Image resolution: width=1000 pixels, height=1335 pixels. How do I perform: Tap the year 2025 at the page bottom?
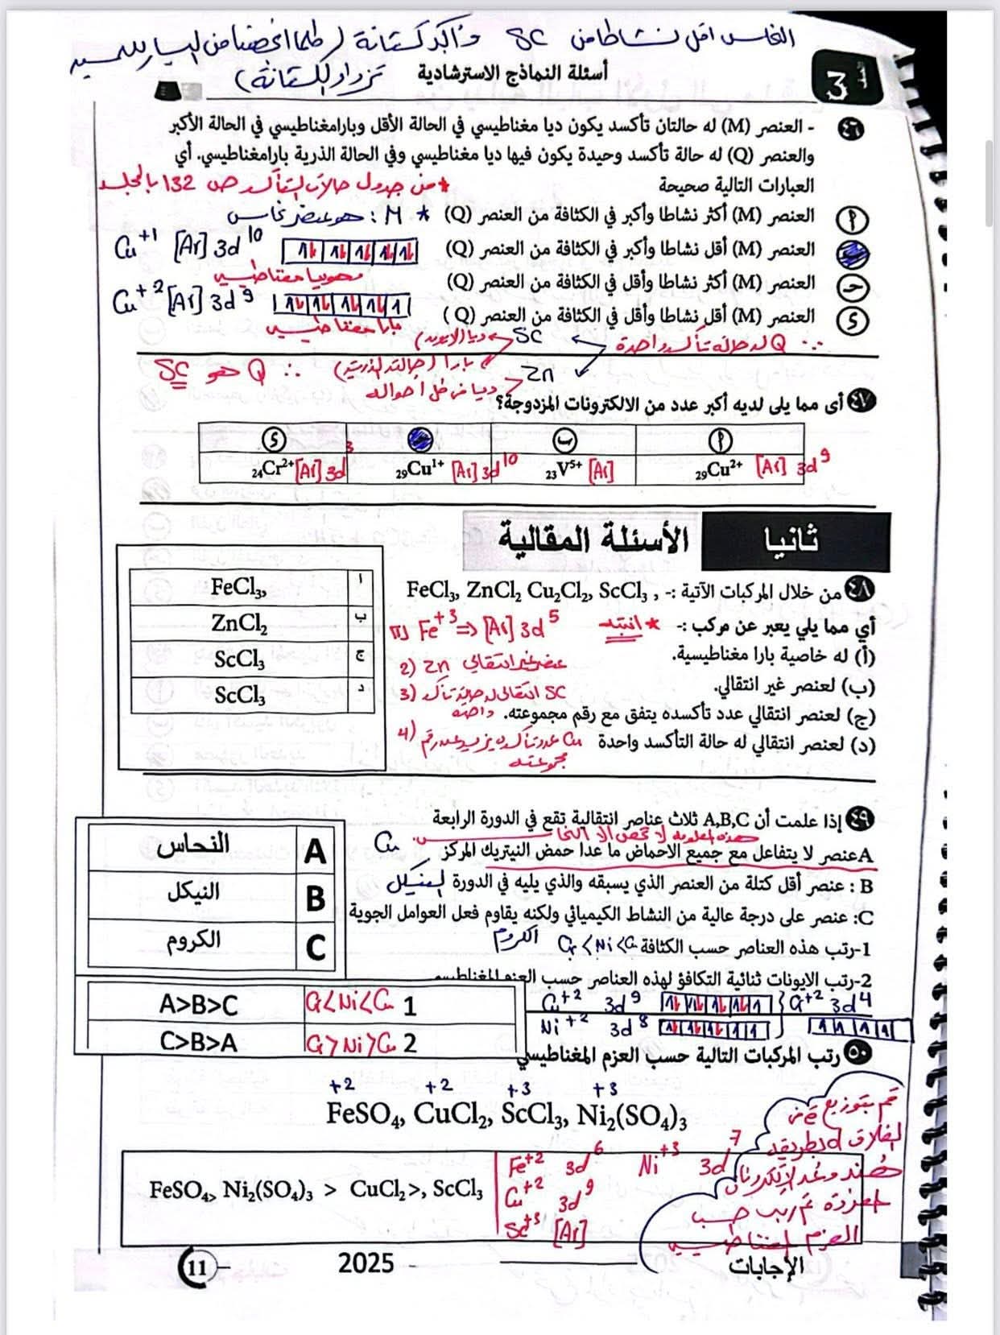click(x=366, y=1263)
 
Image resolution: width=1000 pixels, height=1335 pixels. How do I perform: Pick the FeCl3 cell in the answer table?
click(x=238, y=587)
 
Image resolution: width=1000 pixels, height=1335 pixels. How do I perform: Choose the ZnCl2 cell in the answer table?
click(x=238, y=622)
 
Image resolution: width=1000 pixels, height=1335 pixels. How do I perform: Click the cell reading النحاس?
click(x=193, y=845)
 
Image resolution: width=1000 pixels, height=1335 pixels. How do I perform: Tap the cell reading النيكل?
click(x=193, y=892)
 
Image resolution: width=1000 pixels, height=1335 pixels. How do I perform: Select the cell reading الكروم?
click(x=193, y=940)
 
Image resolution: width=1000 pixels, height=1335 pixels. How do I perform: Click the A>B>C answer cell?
click(x=198, y=1005)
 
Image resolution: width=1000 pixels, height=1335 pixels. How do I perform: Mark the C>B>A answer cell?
click(x=198, y=1043)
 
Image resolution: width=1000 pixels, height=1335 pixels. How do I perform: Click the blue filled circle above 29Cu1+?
click(x=420, y=439)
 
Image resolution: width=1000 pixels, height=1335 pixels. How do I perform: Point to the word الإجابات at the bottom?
click(x=766, y=1265)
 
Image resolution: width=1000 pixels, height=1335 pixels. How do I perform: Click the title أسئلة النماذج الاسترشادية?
click(x=513, y=73)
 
